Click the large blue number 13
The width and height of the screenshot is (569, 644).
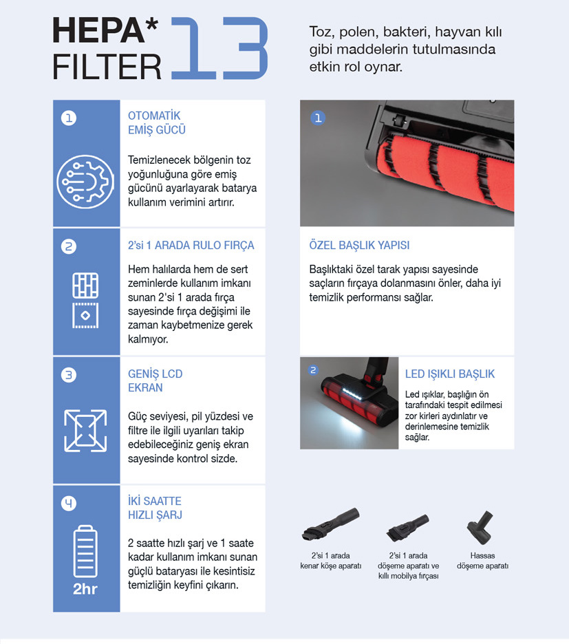[x=219, y=47]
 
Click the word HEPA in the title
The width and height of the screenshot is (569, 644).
[x=98, y=30]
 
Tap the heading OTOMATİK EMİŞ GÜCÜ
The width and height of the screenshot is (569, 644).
[x=156, y=122]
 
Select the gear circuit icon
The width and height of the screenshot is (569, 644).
[x=85, y=182]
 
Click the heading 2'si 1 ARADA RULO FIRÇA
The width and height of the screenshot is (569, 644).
[x=191, y=245]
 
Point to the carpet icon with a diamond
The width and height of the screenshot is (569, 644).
[x=85, y=315]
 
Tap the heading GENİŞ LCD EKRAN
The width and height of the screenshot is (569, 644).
[x=155, y=380]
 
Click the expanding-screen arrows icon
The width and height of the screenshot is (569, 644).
[x=85, y=431]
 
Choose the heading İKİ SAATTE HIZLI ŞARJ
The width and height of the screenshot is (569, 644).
[x=155, y=508]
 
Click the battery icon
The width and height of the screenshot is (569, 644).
[x=85, y=551]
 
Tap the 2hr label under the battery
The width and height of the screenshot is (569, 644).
[x=85, y=589]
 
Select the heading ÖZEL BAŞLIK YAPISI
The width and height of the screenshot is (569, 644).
[x=359, y=245]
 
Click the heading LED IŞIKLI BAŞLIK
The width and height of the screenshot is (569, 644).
[x=450, y=374]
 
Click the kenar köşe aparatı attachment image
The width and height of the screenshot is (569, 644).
[x=331, y=524]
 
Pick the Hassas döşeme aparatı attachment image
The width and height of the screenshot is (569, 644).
[x=480, y=527]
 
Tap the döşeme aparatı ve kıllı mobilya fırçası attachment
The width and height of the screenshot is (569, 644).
[x=407, y=528]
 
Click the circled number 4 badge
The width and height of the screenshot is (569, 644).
[x=69, y=503]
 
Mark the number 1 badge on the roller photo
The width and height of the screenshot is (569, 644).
[x=318, y=118]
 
